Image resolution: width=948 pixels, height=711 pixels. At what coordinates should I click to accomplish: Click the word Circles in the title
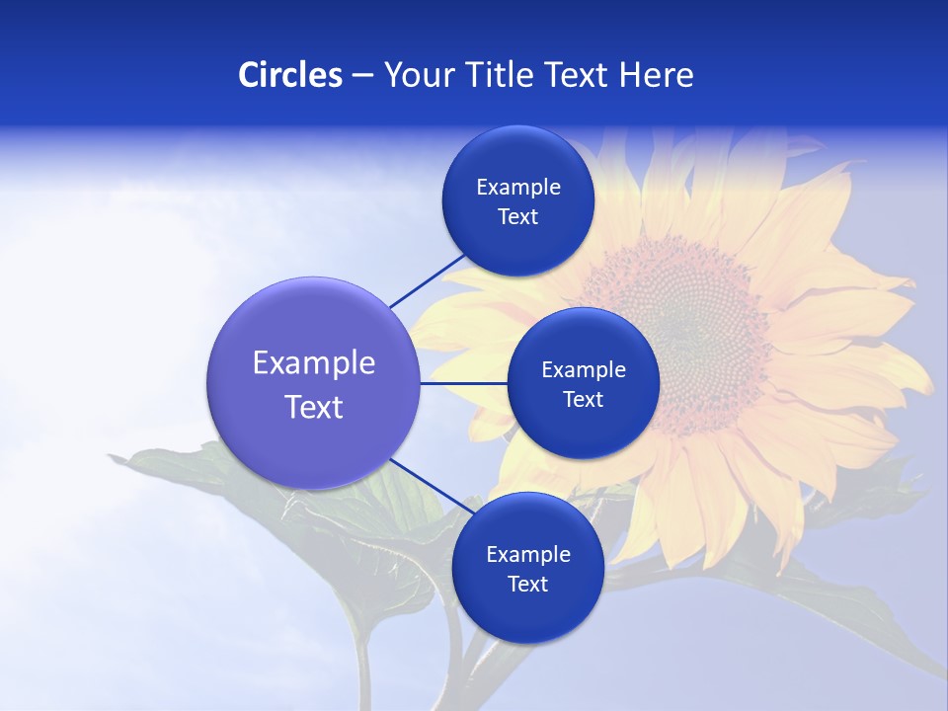click(289, 75)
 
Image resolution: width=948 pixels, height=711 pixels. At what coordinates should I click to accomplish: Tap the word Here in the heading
click(656, 75)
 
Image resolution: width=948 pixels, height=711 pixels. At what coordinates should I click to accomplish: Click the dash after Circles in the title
click(362, 76)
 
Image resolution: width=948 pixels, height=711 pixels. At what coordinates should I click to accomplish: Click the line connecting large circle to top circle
click(429, 280)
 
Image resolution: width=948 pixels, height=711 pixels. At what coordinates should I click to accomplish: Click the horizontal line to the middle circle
click(463, 383)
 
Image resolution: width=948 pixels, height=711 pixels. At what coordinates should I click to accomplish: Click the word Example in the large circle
click(313, 363)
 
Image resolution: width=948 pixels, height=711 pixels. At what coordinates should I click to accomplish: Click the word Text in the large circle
click(313, 407)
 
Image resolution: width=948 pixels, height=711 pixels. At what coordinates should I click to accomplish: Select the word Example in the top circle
click(517, 188)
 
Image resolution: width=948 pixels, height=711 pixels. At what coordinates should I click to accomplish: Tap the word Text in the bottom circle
click(527, 584)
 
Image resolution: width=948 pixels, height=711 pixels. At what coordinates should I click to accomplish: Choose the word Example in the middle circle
click(583, 370)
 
